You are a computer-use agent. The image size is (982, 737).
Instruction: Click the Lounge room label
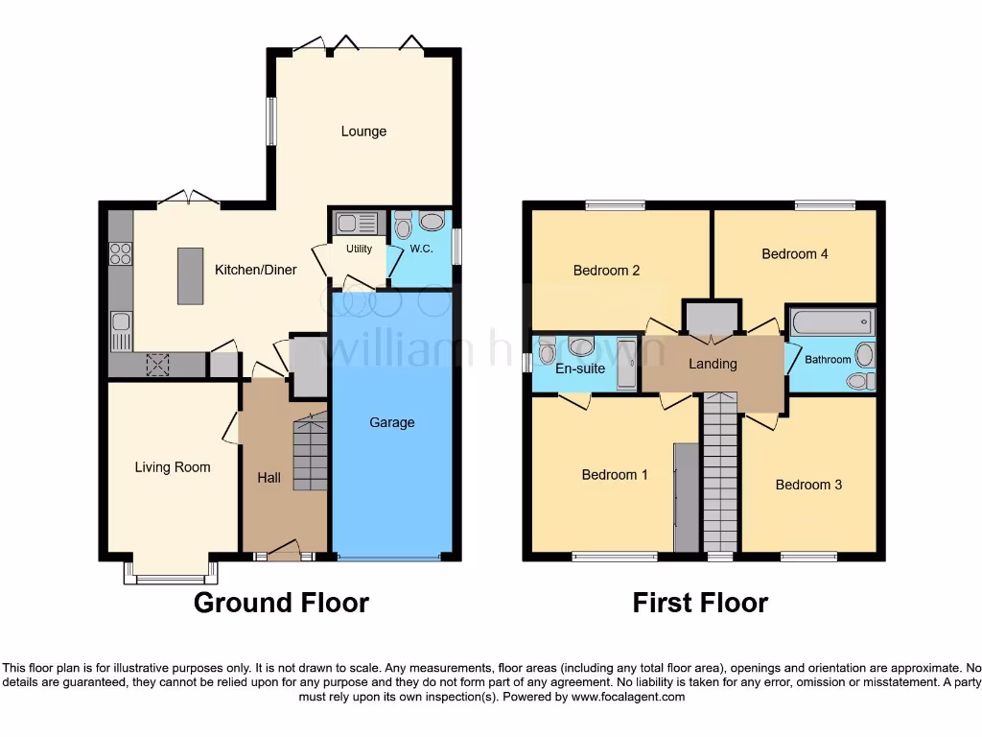click(363, 131)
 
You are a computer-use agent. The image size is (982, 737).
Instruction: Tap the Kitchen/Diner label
click(255, 270)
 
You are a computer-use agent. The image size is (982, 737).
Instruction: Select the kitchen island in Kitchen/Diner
click(191, 275)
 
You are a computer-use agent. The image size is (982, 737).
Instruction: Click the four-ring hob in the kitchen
click(121, 253)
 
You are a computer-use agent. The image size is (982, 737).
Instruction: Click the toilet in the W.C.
click(403, 225)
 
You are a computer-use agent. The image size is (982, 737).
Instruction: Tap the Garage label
click(392, 422)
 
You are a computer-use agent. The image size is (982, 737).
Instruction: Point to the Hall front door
click(283, 552)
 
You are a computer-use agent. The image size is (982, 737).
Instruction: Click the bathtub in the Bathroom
click(831, 321)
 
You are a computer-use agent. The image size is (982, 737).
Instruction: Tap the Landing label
click(713, 364)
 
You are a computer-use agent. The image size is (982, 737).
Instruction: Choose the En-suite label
click(580, 368)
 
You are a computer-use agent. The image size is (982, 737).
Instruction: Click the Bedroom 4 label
click(795, 254)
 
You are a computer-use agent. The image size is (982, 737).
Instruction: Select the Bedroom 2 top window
click(616, 204)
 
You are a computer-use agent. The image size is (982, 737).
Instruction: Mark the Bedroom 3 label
click(808, 485)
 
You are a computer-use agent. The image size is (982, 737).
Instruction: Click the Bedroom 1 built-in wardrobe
click(687, 497)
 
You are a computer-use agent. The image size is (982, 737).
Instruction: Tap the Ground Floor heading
click(281, 603)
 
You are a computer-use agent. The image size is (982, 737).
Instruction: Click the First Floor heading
click(700, 603)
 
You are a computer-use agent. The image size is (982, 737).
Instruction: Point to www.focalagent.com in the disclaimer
click(627, 697)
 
